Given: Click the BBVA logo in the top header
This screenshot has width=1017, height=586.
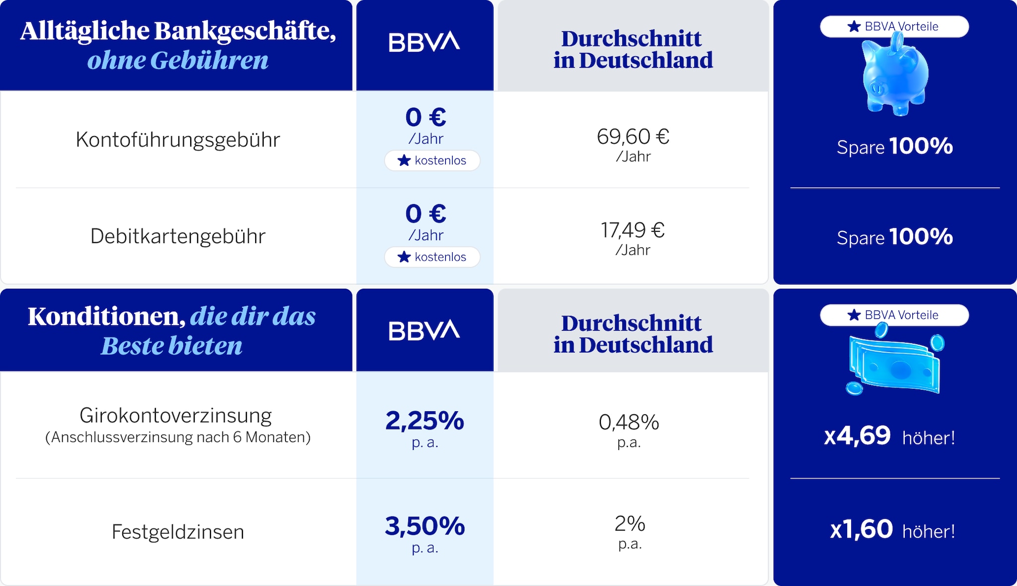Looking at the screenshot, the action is click(x=425, y=42).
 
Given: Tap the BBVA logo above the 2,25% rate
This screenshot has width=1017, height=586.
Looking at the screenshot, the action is click(x=425, y=330).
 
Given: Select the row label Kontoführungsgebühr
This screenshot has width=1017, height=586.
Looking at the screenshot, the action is click(x=178, y=140).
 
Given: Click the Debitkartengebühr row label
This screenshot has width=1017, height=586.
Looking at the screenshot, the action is click(x=178, y=236).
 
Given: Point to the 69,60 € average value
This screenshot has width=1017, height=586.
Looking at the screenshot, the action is click(x=633, y=136).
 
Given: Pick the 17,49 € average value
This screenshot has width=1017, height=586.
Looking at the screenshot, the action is click(x=633, y=230).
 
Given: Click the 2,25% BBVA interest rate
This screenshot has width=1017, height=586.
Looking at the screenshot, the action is click(x=425, y=421).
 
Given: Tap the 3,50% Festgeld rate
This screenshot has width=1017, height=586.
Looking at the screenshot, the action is click(x=425, y=526).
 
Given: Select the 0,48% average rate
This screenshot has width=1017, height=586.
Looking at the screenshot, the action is click(x=629, y=422).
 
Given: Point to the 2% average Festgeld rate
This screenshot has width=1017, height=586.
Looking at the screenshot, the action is click(x=630, y=523).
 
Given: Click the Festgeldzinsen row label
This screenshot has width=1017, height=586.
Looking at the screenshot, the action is click(x=178, y=532).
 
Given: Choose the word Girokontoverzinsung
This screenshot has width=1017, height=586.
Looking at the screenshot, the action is click(x=176, y=415).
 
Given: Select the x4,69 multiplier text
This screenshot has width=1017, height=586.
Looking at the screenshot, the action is click(x=857, y=436).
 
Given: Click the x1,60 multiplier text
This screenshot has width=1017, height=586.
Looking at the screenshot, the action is click(x=861, y=529).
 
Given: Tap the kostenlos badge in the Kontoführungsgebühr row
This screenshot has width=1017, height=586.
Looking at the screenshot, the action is click(x=432, y=160).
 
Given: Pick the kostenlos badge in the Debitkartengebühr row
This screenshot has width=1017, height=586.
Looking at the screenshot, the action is click(x=432, y=257).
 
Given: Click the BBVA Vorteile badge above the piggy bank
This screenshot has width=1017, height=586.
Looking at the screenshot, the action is click(x=894, y=26).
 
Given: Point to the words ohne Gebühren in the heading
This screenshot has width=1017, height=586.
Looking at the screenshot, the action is click(x=178, y=60).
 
